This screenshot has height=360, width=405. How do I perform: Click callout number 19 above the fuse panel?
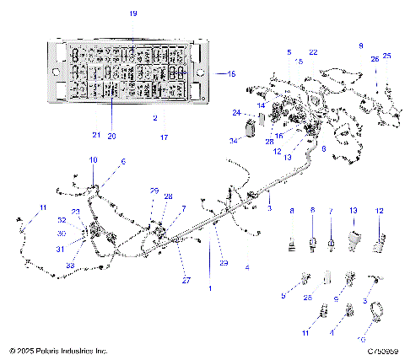click(132, 14)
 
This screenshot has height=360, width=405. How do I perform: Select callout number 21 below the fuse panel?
click(95, 135)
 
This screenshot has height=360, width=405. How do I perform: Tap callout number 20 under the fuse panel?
click(111, 136)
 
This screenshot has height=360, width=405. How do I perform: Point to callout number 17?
click(165, 137)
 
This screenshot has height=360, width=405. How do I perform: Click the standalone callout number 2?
click(155, 119)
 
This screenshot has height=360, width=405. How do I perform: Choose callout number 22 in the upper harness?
click(313, 52)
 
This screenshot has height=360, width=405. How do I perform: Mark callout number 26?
click(375, 59)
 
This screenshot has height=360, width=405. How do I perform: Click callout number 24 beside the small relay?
click(236, 113)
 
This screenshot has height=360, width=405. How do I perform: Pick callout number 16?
click(278, 135)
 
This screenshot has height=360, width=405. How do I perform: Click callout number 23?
click(75, 212)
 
